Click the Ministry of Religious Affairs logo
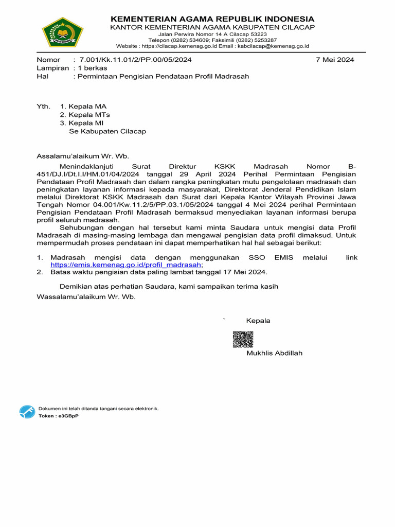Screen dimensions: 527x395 (62, 32)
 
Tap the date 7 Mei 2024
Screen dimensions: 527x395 (335, 60)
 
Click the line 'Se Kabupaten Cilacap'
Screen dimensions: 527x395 (107, 131)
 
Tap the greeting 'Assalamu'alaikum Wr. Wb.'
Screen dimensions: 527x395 (83, 156)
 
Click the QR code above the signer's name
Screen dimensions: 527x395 (243, 340)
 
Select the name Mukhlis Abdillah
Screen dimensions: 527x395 (275, 353)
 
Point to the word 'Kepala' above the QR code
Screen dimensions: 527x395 (258, 321)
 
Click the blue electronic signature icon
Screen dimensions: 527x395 (27, 412)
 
